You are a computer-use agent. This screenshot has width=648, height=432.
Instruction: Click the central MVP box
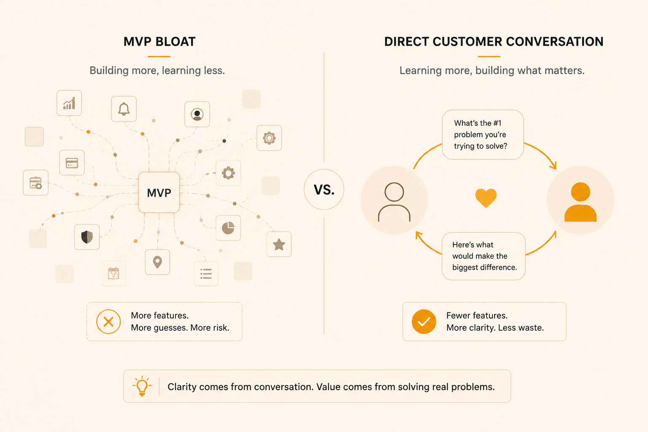click(159, 192)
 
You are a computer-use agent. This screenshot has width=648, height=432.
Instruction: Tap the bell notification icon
click(124, 109)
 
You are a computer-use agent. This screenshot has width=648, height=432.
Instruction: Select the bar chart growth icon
click(69, 103)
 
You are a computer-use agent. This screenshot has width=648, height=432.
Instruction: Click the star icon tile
click(279, 244)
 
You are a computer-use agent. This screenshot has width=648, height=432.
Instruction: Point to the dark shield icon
click(87, 237)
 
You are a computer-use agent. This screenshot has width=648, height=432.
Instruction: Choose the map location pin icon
click(157, 262)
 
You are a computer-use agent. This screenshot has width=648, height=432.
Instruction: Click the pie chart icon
click(228, 228)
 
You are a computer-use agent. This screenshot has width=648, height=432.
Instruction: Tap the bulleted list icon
click(206, 274)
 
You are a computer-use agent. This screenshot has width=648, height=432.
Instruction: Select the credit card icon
click(72, 163)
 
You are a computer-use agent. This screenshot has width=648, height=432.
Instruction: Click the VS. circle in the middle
click(324, 189)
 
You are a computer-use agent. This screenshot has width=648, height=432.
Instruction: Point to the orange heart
click(486, 198)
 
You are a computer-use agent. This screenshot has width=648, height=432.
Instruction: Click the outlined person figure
click(394, 202)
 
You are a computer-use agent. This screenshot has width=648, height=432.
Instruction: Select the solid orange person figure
click(580, 202)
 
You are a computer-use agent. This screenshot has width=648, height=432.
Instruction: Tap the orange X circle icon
click(108, 322)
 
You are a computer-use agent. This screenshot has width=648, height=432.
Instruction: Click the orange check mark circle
click(424, 322)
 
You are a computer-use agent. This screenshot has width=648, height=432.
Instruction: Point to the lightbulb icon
click(142, 386)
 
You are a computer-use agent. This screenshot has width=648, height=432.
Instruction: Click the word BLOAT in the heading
click(175, 42)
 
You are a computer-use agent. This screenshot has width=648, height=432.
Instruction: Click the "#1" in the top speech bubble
click(497, 123)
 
